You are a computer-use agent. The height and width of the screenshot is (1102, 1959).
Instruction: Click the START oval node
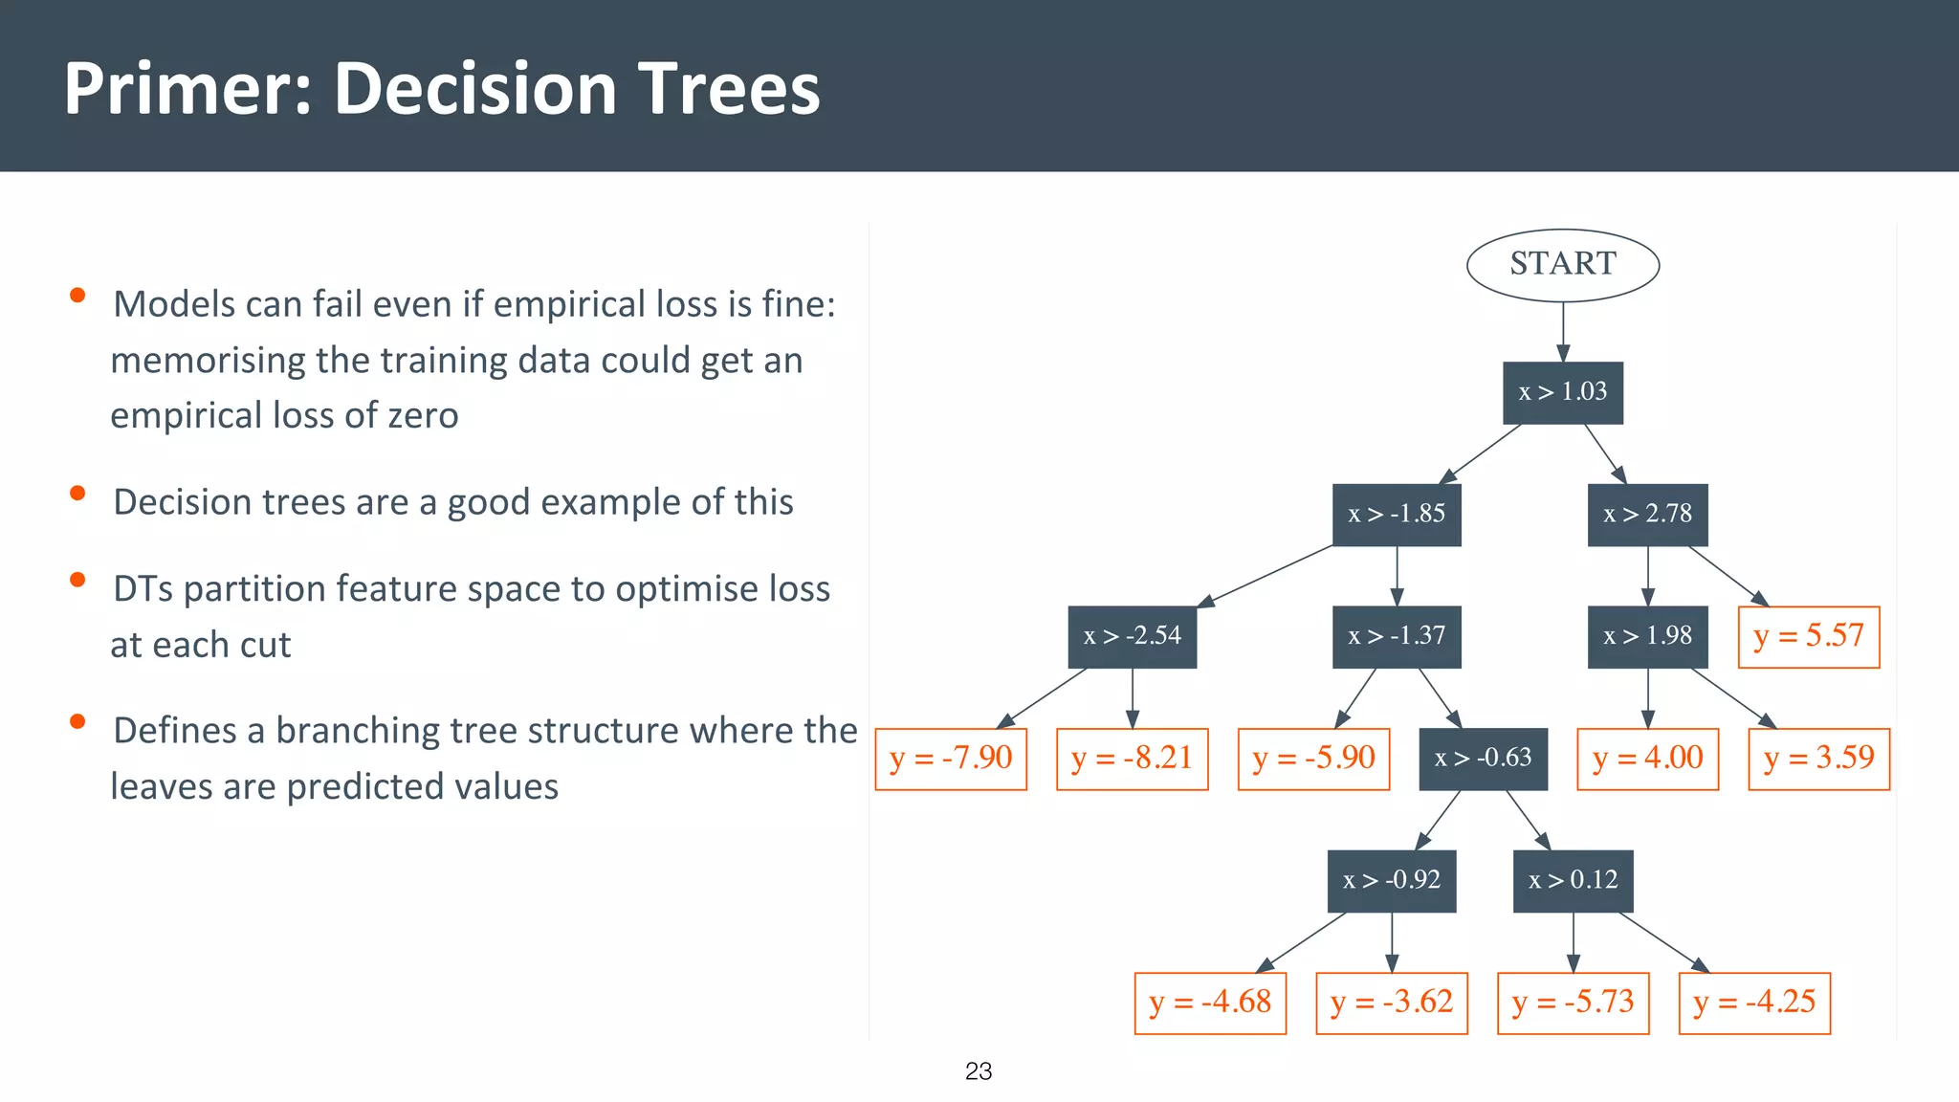coord(1562,265)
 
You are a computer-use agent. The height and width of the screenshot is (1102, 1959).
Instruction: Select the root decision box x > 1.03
coord(1562,392)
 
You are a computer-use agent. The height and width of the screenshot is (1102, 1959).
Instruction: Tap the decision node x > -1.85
coord(1396,515)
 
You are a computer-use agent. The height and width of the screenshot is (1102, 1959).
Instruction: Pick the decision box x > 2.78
coord(1647,515)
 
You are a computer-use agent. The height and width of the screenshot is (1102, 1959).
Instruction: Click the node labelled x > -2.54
coord(1132,636)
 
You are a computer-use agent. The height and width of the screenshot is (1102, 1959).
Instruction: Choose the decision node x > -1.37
coord(1396,636)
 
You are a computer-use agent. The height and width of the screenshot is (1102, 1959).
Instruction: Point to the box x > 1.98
coord(1647,636)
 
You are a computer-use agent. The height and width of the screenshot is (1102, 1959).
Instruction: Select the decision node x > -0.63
coord(1483,759)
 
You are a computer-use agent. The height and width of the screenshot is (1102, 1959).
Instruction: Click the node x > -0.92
coord(1391,880)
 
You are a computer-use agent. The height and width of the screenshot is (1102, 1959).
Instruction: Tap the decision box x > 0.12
coord(1573,880)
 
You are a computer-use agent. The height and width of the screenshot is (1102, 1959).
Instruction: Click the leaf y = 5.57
coord(1808,636)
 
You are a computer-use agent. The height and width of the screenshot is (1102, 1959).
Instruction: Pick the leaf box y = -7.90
coord(951,759)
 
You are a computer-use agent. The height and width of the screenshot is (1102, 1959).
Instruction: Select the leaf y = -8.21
coord(1132,759)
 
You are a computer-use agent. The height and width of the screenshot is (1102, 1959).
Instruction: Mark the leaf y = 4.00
coord(1647,759)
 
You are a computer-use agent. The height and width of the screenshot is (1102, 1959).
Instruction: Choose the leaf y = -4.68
coord(1210,1003)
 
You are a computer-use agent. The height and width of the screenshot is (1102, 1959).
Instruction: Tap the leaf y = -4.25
coord(1754,1003)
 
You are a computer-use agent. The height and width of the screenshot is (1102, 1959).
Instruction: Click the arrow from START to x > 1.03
coord(1563,332)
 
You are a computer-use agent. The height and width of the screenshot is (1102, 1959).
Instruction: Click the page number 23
coord(979,1071)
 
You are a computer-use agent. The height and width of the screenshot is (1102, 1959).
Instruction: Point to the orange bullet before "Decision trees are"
coord(78,494)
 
